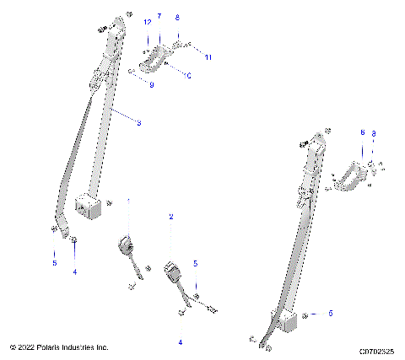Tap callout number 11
pos(208,56)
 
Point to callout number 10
pos(188,76)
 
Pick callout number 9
pos(151,85)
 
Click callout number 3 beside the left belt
pos(138,123)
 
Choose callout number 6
pos(362,132)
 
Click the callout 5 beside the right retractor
pos(330,313)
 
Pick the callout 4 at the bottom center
pos(179,342)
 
